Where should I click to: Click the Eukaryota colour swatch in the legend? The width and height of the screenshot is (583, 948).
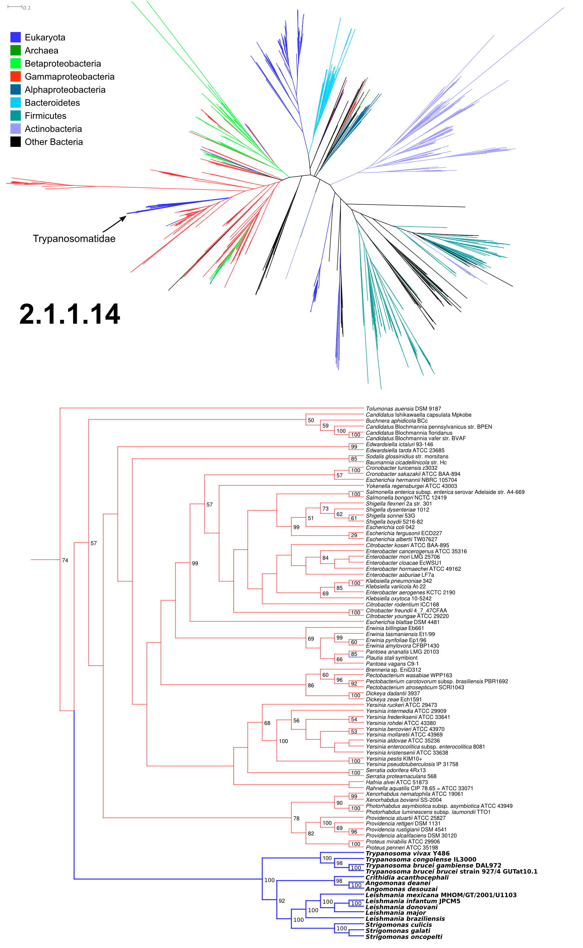coord(15,37)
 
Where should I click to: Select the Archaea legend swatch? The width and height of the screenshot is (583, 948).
coord(15,50)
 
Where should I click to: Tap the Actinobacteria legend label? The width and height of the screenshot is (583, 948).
coord(53,129)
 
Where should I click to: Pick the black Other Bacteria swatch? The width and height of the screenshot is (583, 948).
coord(15,142)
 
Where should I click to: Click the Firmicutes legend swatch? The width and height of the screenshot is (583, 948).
coord(15,115)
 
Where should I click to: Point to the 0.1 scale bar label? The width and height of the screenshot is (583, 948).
coord(26,8)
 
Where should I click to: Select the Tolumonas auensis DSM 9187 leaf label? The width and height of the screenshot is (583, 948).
coord(403,409)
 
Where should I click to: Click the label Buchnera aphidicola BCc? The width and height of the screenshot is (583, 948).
coord(397,421)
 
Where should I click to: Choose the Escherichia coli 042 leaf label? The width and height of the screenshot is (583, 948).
coord(390,527)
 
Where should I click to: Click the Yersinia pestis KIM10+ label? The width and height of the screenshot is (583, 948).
coord(394,759)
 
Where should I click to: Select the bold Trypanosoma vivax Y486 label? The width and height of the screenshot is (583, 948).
coord(407,853)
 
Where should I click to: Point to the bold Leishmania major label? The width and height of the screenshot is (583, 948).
coord(396,912)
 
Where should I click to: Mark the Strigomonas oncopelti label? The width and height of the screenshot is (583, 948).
coord(404,937)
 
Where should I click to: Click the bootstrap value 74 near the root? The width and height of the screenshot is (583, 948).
coord(65,560)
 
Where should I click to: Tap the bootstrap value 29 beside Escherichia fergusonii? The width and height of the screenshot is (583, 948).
coord(354,535)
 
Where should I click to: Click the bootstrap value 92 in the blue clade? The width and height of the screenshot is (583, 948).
coord(282,901)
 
